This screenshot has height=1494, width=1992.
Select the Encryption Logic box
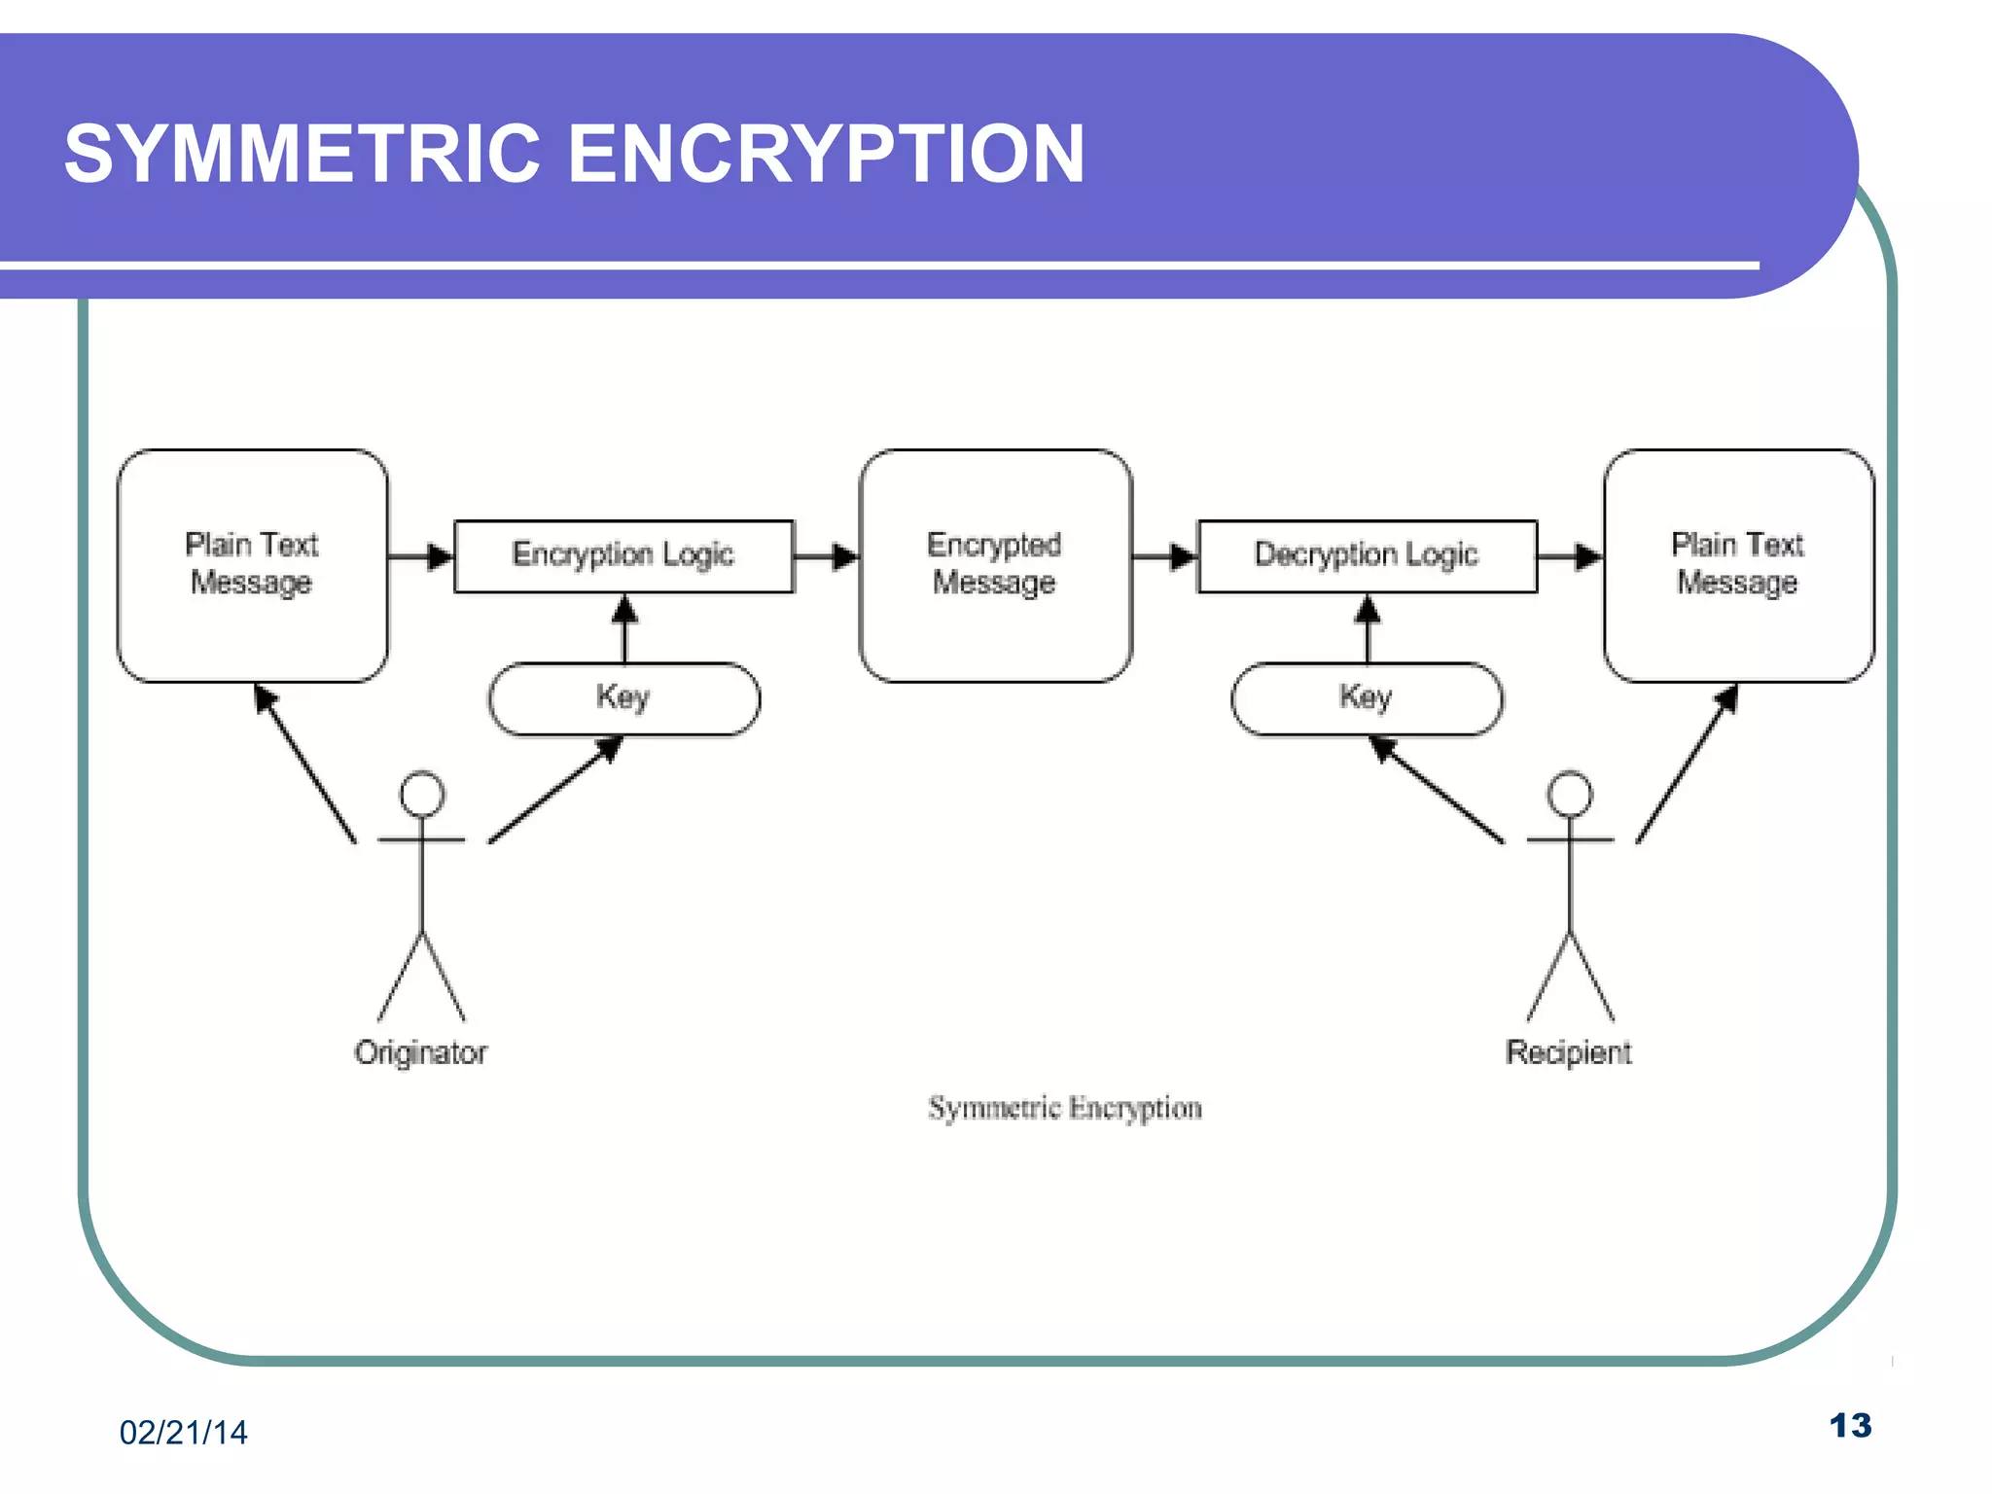pyautogui.click(x=623, y=555)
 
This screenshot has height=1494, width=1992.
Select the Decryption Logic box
pyautogui.click(x=1367, y=555)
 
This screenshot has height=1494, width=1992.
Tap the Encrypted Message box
pyautogui.click(x=995, y=564)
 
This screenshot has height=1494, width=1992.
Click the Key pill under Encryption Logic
pyautogui.click(x=623, y=698)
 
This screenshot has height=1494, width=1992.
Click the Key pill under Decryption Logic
pyautogui.click(x=1367, y=698)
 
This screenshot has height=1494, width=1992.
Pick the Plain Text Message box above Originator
pyautogui.click(x=252, y=564)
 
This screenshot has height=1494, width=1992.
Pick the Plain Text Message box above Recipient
pyautogui.click(x=1738, y=564)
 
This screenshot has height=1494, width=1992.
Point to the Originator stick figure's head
pyautogui.click(x=422, y=794)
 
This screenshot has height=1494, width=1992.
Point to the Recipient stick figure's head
pyautogui.click(x=1570, y=794)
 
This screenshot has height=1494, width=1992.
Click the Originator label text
pyautogui.click(x=420, y=1052)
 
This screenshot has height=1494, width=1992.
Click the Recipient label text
pyautogui.click(x=1568, y=1052)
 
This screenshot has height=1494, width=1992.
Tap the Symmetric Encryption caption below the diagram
pyautogui.click(x=1064, y=1108)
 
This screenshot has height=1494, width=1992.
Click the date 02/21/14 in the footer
pyautogui.click(x=183, y=1432)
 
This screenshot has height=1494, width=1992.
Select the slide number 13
pyautogui.click(x=1850, y=1426)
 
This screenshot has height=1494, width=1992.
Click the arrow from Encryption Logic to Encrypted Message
pyautogui.click(x=826, y=556)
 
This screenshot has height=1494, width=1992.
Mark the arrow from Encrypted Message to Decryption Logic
pyautogui.click(x=1164, y=556)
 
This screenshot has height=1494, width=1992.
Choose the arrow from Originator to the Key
pyautogui.click(x=554, y=789)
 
